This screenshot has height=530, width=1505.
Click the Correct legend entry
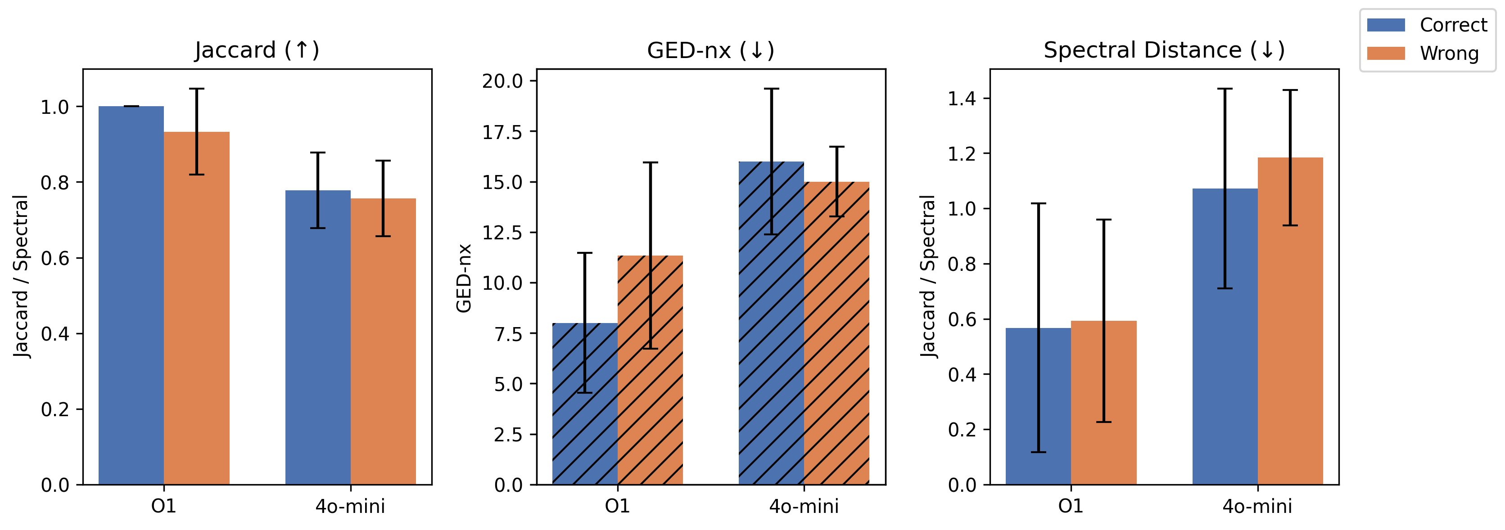click(x=1426, y=25)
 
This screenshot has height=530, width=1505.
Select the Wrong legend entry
click(x=1426, y=53)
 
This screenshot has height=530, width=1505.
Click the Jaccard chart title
click(x=257, y=50)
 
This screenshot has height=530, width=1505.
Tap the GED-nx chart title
click(x=710, y=50)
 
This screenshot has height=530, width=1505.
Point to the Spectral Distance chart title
click(x=1164, y=50)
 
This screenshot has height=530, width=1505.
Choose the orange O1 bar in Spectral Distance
click(x=1103, y=403)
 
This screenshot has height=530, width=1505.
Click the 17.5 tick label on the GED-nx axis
click(x=502, y=132)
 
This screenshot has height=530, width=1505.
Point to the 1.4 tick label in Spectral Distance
click(x=962, y=99)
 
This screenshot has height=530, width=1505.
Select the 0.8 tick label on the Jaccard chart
click(x=54, y=183)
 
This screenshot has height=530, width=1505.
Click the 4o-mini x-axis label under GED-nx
click(x=804, y=506)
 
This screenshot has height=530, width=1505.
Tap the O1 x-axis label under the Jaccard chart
click(x=163, y=506)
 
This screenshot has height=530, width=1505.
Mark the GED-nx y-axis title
click(x=464, y=278)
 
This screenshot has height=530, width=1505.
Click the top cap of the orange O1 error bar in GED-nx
click(x=650, y=163)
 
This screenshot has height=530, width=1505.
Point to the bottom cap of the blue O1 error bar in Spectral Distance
click(x=1038, y=452)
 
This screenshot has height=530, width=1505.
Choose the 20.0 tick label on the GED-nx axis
click(x=502, y=81)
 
